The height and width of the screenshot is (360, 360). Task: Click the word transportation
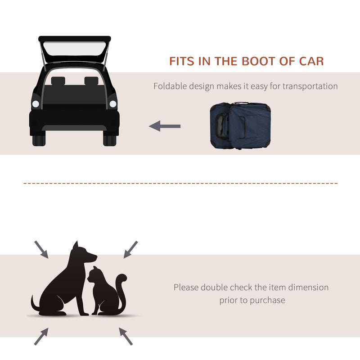tap(310, 86)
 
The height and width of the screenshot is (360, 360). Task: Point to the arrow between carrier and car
tap(165, 126)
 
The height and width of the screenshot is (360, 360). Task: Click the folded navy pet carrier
tap(241, 126)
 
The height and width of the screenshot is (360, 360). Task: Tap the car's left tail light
tap(36, 104)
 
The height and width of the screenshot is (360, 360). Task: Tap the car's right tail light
tap(112, 104)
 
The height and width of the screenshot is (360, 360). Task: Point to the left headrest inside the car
tap(58, 81)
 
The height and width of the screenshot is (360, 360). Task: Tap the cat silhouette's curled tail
tap(121, 288)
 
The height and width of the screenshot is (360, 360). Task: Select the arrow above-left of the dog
tap(41, 249)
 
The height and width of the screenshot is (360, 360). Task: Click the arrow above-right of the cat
tap(130, 249)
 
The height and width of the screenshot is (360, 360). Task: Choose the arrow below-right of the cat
tap(126, 336)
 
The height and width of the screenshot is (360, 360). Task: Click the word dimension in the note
tap(306, 287)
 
